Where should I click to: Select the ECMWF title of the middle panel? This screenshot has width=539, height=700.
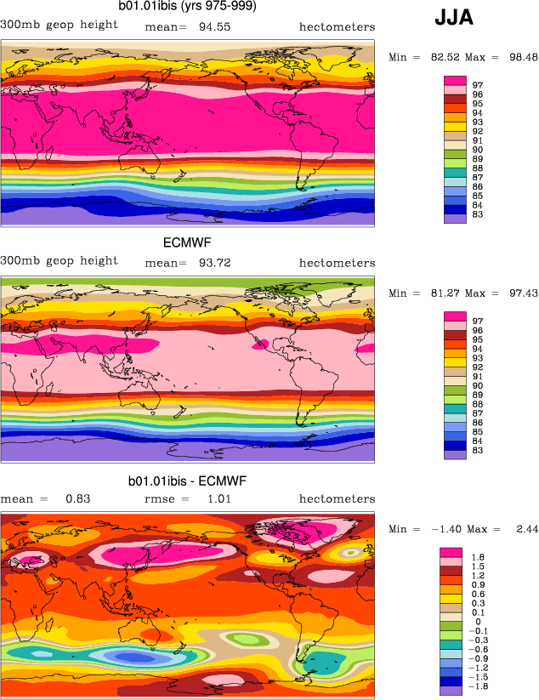pyautogui.click(x=187, y=243)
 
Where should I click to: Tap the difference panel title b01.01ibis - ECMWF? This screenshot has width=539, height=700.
pyautogui.click(x=187, y=481)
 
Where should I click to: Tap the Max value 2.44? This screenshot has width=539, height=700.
pyautogui.click(x=515, y=530)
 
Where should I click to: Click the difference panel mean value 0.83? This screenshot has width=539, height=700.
pyautogui.click(x=77, y=498)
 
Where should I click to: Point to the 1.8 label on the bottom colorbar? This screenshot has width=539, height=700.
pyautogui.click(x=478, y=556)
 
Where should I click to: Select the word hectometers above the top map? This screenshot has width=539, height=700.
pyautogui.click(x=337, y=26)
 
